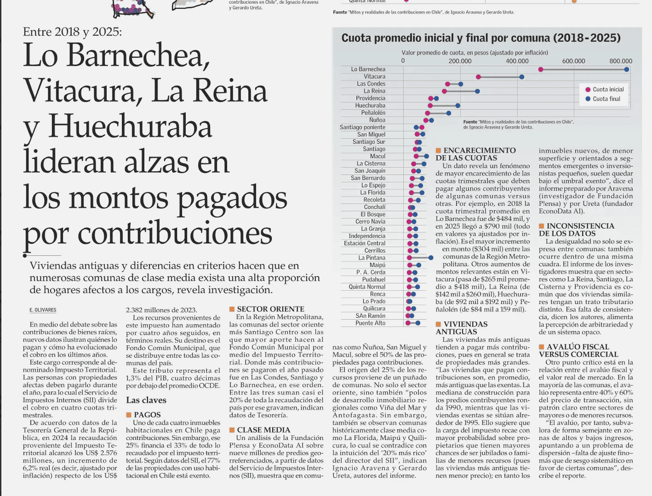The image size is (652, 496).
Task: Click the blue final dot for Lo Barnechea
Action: pyautogui.click(x=626, y=69)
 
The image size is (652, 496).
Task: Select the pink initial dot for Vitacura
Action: pyautogui.click(x=478, y=77)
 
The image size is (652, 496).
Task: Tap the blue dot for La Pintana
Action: pyautogui.click(x=431, y=258)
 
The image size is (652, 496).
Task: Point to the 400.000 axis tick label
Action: pyautogui.click(x=517, y=61)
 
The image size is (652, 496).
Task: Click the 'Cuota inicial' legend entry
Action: pyautogui.click(x=605, y=90)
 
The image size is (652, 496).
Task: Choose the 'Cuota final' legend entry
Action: pyautogui.click(x=603, y=99)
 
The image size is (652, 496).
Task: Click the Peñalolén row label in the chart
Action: pyautogui.click(x=373, y=113)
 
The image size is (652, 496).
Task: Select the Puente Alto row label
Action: pyautogui.click(x=371, y=323)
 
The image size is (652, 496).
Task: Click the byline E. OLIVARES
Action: pyautogui.click(x=43, y=310)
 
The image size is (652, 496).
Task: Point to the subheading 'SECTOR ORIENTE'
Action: pyautogui.click(x=271, y=309)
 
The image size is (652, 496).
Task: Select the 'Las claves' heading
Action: pyautogui.click(x=146, y=400)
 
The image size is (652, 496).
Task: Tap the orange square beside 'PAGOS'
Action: pyautogui.click(x=129, y=415)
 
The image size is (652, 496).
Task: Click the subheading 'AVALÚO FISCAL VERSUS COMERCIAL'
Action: pyautogui.click(x=578, y=350)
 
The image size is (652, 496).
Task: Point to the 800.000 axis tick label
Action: pyautogui.click(x=621, y=61)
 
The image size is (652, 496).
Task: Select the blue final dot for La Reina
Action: pyautogui.click(x=477, y=91)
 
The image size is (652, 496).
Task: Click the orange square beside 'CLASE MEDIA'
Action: pyautogui.click(x=232, y=430)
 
